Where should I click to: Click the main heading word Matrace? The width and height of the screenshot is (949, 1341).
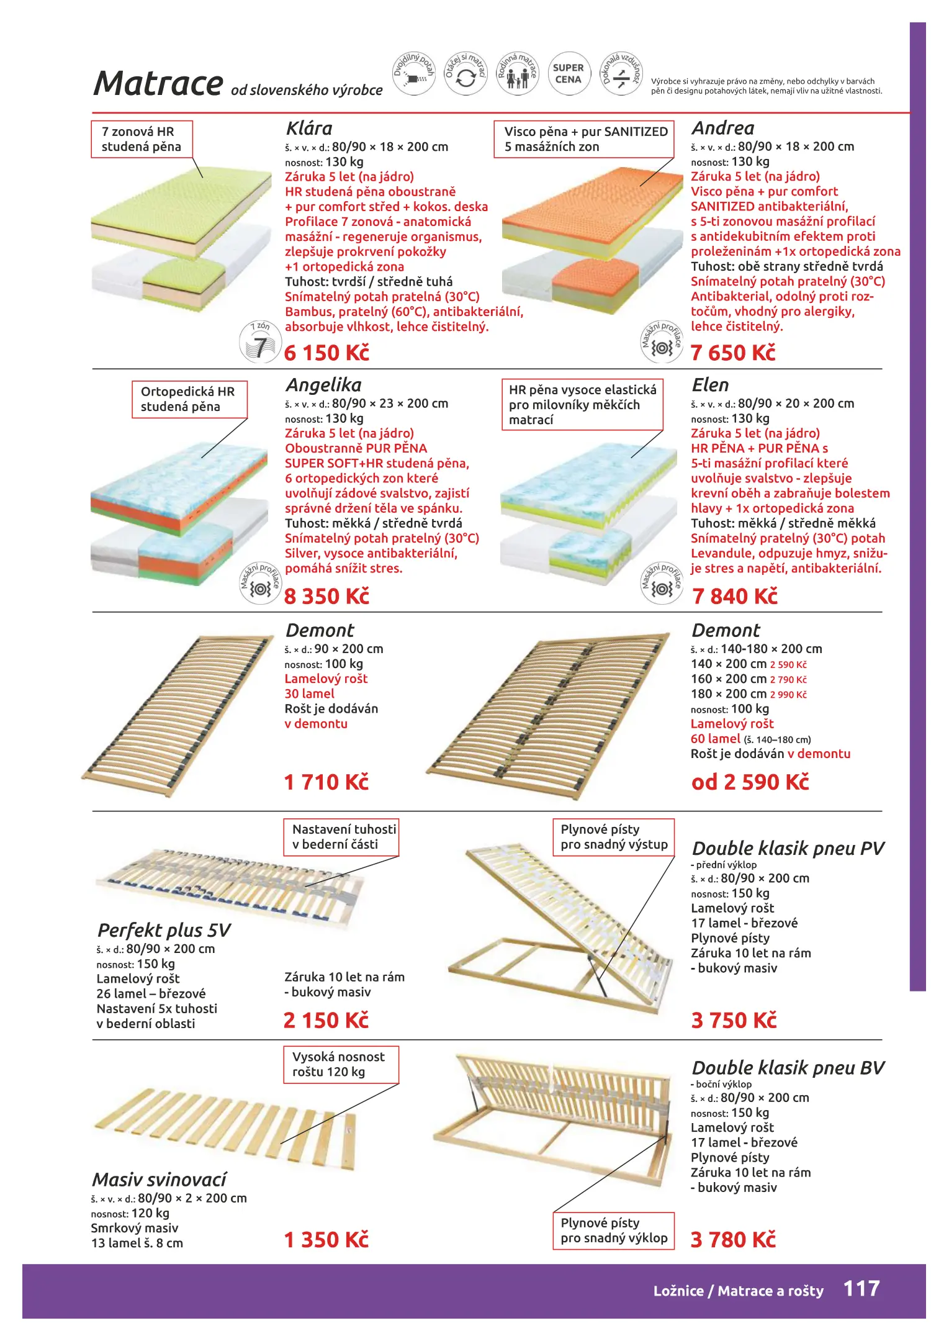[x=158, y=83]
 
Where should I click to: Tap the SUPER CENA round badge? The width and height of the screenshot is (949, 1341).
[x=568, y=74]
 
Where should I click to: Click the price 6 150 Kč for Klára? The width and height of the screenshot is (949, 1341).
[x=326, y=353]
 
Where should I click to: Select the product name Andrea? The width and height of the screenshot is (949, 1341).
[x=723, y=129]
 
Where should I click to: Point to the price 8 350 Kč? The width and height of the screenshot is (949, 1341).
[x=326, y=596]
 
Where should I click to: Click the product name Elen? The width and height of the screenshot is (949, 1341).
[x=710, y=385]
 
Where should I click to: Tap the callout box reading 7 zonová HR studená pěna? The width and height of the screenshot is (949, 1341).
[x=142, y=139]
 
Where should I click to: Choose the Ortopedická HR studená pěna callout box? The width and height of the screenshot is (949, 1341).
[x=189, y=399]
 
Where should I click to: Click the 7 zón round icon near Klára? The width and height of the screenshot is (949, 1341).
[x=260, y=341]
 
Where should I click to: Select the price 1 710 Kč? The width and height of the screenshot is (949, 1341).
[x=326, y=782]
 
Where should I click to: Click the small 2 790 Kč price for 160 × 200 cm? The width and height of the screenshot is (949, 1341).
[x=788, y=680]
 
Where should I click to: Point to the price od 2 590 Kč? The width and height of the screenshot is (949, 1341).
[x=750, y=782]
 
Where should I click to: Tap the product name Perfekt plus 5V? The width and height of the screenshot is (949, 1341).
[x=164, y=930]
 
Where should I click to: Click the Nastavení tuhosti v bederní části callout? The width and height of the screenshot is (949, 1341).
[x=341, y=837]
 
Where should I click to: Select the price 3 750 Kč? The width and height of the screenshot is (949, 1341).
[x=734, y=1020]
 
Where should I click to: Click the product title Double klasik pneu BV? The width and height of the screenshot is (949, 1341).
[x=788, y=1068]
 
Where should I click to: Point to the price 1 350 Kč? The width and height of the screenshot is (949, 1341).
[x=326, y=1240]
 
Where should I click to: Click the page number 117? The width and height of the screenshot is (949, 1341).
[x=861, y=1289]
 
